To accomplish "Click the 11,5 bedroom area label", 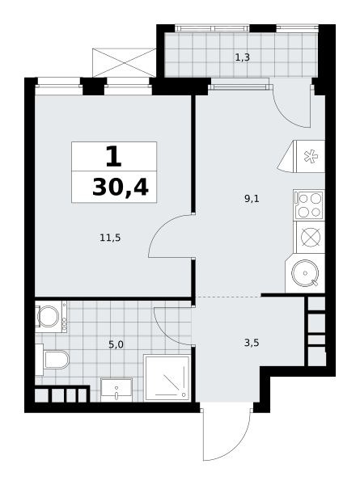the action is (110, 238).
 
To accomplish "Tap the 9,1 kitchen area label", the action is (252, 199).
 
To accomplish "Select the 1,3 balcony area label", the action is (243, 57).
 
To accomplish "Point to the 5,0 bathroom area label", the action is (116, 344).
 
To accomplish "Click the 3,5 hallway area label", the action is (252, 343).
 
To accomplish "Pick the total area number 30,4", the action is (121, 188).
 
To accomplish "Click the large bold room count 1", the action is (113, 157).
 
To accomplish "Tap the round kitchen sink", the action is (305, 273).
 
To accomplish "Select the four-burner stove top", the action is (309, 205).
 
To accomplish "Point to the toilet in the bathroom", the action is (53, 360).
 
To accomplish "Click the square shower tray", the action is (167, 378).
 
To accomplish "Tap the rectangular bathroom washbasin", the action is (116, 390).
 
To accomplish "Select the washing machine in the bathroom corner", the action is (51, 316).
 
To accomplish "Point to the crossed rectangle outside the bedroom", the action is (124, 63).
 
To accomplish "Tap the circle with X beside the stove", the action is (311, 237).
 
